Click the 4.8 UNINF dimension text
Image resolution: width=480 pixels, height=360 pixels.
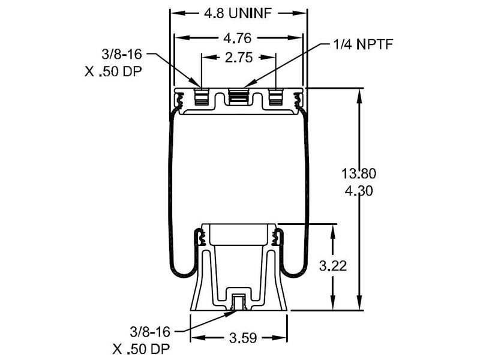pos(238,13)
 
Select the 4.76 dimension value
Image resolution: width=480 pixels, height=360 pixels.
pos(238,37)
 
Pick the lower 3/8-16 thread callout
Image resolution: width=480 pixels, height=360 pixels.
pos(149,331)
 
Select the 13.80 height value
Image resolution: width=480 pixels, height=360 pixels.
pos(359,175)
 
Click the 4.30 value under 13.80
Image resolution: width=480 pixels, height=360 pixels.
pos(359,191)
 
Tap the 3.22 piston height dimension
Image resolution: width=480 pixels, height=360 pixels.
pos(332,265)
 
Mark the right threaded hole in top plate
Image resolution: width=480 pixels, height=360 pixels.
pos(276,97)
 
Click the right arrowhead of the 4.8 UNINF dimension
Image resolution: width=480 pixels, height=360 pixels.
pos(302,13)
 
